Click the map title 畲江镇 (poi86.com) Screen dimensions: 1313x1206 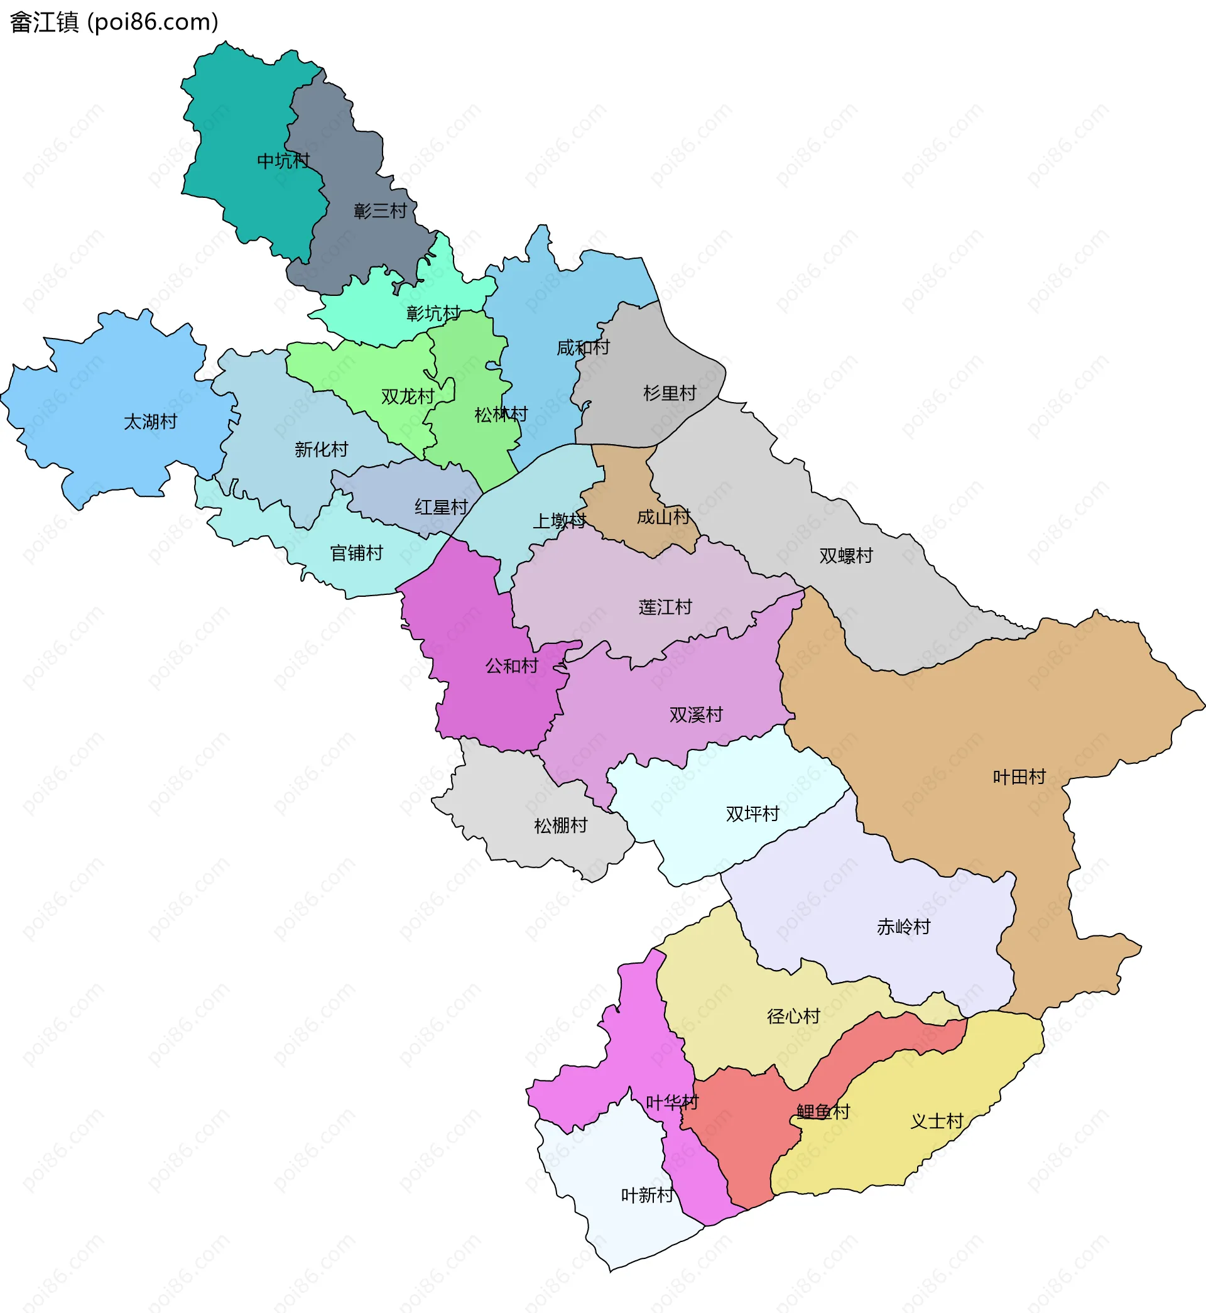click(114, 22)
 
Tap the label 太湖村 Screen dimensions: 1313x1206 click(151, 422)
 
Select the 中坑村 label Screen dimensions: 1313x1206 click(283, 161)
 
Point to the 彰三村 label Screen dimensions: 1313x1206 click(381, 211)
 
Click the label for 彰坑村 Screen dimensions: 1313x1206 click(433, 313)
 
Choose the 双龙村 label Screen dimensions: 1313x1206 click(408, 396)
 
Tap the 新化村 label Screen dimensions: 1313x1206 click(321, 449)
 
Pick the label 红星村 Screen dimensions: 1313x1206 click(441, 507)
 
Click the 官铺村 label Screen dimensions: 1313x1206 click(356, 553)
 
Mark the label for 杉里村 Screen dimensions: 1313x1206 click(670, 393)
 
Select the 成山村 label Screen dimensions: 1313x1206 click(664, 517)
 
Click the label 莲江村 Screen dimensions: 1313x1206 click(666, 607)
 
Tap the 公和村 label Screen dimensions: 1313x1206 click(512, 666)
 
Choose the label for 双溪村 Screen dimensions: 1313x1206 click(697, 714)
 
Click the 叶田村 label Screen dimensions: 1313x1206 click(1019, 776)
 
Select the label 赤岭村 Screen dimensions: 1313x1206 click(904, 927)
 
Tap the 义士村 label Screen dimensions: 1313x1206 click(937, 1121)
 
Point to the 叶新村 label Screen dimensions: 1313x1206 click(648, 1195)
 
